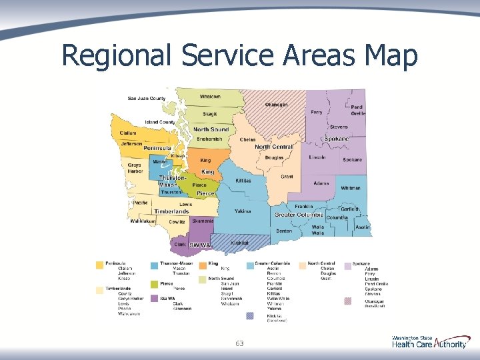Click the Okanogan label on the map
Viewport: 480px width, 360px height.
tap(277, 105)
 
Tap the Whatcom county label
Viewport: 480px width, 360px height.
tap(210, 97)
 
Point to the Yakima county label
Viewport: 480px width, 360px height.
tap(243, 211)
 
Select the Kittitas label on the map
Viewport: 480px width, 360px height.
tap(243, 181)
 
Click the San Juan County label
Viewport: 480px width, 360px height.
tap(147, 99)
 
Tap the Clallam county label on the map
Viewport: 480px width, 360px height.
tap(129, 133)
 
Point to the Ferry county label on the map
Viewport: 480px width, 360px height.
tap(317, 112)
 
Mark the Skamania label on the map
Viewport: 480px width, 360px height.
tap(203, 221)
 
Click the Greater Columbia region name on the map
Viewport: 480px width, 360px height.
tap(299, 215)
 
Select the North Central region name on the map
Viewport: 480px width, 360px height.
tap(273, 147)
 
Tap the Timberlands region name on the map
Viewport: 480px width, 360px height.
tap(171, 211)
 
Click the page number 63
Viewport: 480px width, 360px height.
tap(240, 343)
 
